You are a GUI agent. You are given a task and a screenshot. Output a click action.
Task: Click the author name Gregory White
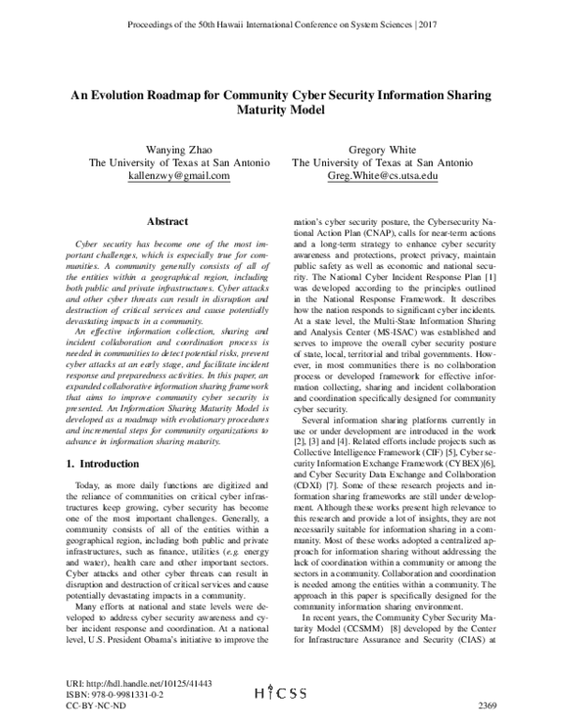click(x=381, y=148)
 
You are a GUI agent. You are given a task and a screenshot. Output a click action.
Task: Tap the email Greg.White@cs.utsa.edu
click(x=381, y=175)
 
